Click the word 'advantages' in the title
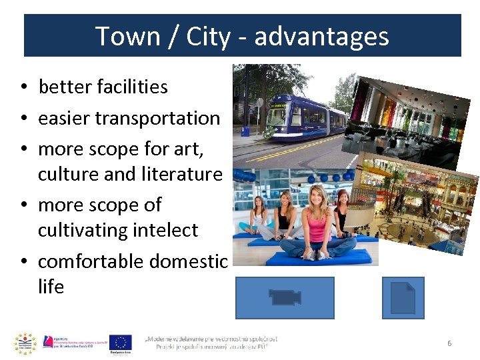pos(321,36)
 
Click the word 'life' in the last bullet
pos(51,287)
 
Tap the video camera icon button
pos(285,297)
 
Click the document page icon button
pos(403,297)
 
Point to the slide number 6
pos(449,343)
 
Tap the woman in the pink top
pos(319,220)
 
